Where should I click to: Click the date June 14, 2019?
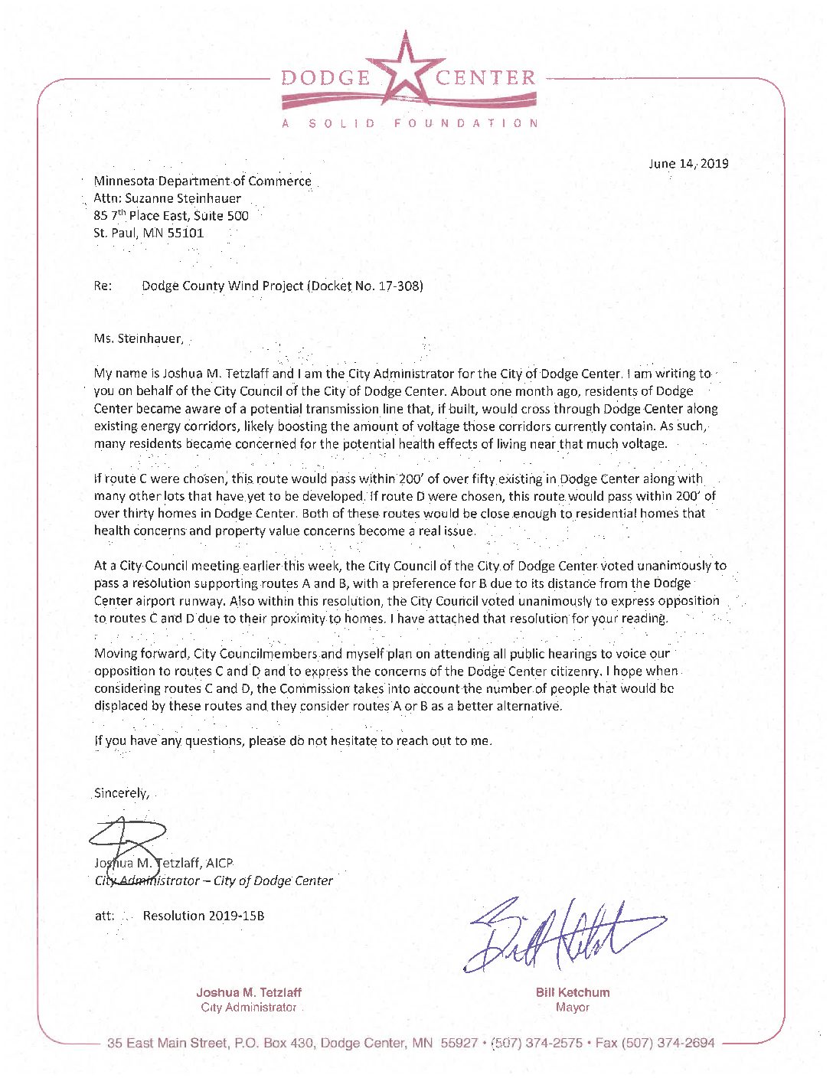tap(688, 163)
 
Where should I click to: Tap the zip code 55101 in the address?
tap(185, 233)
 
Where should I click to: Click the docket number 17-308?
tap(398, 286)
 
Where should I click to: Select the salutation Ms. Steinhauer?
tap(139, 338)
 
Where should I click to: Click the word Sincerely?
tap(121, 793)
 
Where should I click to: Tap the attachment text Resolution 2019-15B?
tap(204, 916)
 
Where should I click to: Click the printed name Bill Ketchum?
tap(573, 992)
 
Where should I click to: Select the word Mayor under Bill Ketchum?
tap(573, 1008)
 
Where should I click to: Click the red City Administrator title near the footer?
tap(249, 1008)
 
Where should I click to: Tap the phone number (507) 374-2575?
tap(536, 1043)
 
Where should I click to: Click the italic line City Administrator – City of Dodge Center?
tap(214, 880)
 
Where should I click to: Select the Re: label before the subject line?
tap(103, 286)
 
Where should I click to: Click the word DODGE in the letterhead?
tap(326, 78)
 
